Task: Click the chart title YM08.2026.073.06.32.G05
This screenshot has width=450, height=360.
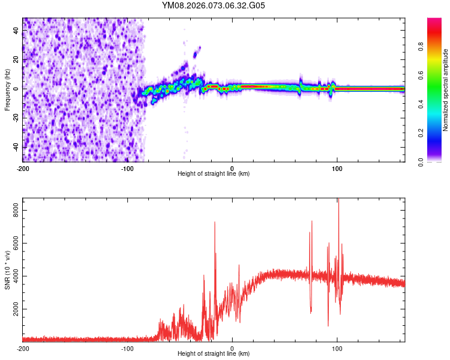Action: click(x=214, y=6)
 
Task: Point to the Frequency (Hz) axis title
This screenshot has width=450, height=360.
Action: click(x=7, y=90)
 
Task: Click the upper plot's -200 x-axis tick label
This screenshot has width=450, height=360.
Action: click(x=23, y=168)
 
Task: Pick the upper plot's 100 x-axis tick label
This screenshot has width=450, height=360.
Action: click(x=337, y=168)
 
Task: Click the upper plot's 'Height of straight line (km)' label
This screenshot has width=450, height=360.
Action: click(x=214, y=173)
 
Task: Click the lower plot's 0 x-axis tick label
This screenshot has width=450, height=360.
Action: click(x=232, y=348)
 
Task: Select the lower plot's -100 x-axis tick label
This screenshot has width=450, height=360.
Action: click(x=127, y=348)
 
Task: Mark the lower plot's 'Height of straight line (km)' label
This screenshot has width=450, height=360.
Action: click(x=214, y=353)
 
